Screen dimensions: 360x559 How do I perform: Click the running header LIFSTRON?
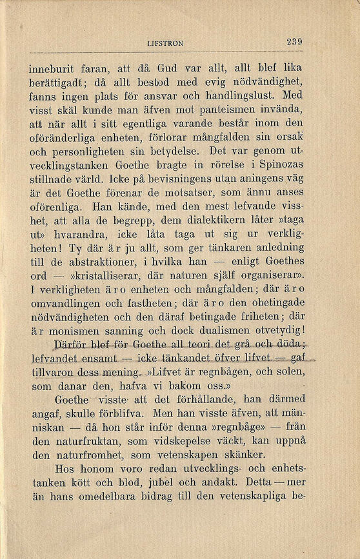[165, 43]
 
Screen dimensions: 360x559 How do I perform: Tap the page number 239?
[294, 42]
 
